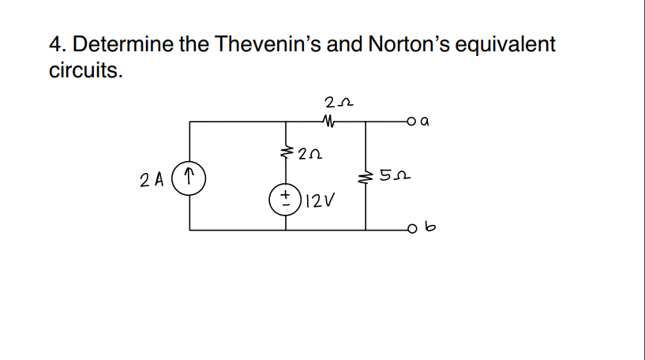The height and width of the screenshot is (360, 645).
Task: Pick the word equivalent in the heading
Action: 506,44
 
